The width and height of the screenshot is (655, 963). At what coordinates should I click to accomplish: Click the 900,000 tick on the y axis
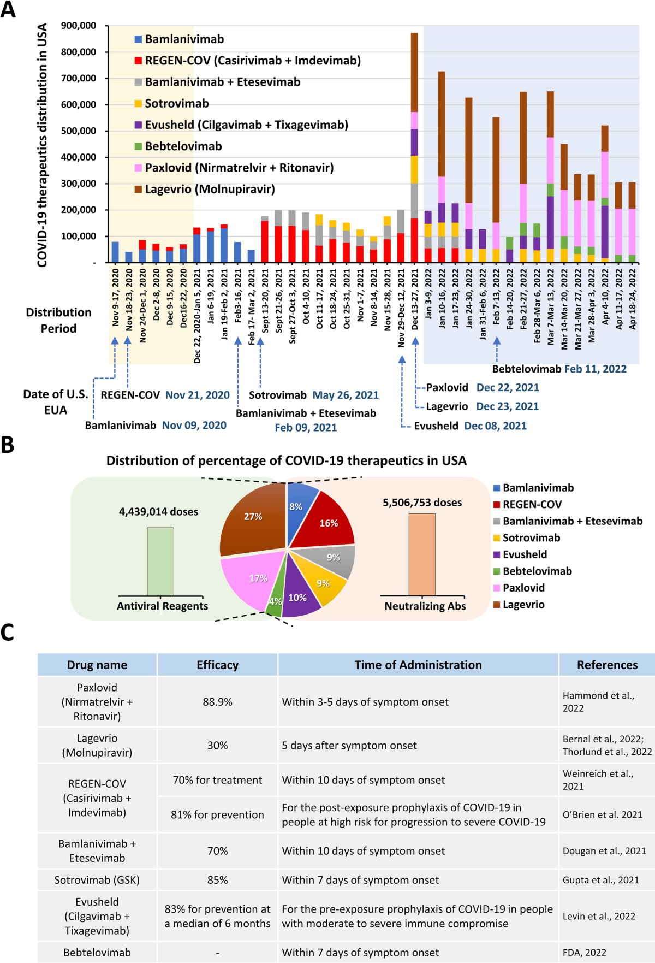[79, 26]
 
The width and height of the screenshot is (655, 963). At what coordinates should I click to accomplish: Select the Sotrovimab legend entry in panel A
[176, 103]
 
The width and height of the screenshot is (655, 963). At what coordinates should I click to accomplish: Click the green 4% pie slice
[275, 601]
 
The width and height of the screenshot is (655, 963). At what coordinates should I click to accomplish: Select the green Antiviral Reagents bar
[160, 562]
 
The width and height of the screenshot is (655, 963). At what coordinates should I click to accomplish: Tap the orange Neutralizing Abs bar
[422, 554]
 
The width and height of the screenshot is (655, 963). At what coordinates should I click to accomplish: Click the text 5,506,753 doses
[422, 503]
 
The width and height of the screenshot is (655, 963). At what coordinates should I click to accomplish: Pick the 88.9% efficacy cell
[217, 702]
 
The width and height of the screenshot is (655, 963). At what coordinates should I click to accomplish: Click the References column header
[607, 665]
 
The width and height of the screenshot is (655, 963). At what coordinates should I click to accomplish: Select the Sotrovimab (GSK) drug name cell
[97, 880]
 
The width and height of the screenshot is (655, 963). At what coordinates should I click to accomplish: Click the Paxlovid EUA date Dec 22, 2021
[508, 387]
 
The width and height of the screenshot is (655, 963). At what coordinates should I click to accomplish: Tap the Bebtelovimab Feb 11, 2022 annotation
[559, 369]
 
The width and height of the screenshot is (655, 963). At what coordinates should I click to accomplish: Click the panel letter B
[8, 445]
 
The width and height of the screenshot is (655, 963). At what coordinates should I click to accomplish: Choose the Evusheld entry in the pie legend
[525, 554]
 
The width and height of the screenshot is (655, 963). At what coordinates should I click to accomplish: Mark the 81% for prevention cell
[217, 814]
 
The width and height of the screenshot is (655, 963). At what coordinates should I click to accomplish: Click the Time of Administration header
[418, 665]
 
